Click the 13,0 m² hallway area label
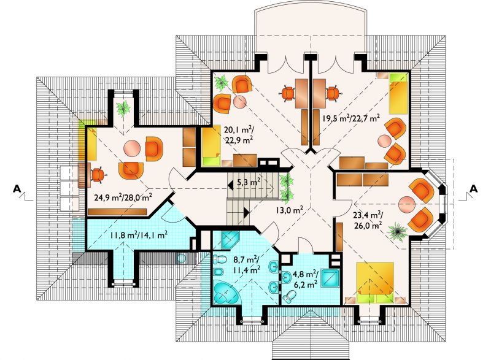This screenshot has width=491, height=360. click(289, 210)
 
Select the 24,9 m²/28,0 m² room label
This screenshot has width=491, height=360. click(123, 197)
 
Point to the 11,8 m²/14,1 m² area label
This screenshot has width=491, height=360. click(138, 234)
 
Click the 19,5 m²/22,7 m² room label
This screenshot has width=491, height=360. click(351, 118)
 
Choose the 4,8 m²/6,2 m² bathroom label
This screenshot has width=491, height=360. click(305, 279)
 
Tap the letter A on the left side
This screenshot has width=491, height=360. click(17, 189)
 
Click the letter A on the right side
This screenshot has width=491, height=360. click(474, 189)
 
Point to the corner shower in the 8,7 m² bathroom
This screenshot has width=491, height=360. click(230, 240)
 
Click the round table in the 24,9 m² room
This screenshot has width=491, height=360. click(133, 148)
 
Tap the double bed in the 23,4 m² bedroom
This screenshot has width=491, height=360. click(375, 283)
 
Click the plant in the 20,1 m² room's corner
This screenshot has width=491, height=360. click(222, 82)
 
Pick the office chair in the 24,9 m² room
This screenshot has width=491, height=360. click(98, 175)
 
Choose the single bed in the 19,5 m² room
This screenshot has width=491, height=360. click(398, 93)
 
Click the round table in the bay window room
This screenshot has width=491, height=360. click(407, 205)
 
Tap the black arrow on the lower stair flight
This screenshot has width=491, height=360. click(247, 213)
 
